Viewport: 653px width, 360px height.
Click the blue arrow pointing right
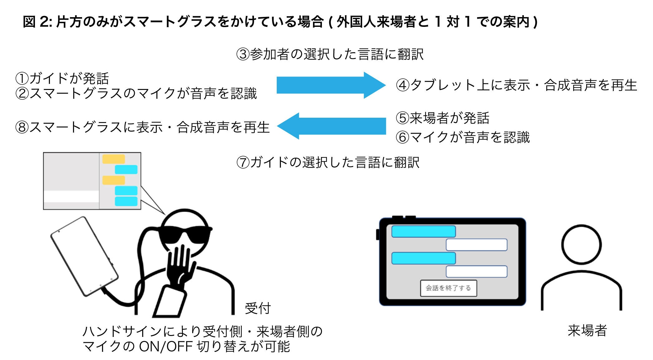click(x=331, y=85)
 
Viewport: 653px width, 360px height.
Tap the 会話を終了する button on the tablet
click(x=448, y=288)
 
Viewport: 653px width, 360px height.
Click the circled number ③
click(x=243, y=54)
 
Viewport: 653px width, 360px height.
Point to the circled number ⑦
click(x=243, y=163)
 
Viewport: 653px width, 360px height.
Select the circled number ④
click(x=402, y=85)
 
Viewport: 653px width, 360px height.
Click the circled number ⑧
click(x=22, y=127)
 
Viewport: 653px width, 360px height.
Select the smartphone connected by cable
click(x=84, y=256)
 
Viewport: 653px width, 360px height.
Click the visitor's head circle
click(x=581, y=244)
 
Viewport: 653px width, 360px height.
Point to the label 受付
click(x=258, y=308)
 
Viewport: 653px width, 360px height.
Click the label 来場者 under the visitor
click(x=587, y=331)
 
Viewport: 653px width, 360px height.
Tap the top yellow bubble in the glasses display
click(x=114, y=159)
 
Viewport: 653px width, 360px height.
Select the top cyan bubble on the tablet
click(x=423, y=232)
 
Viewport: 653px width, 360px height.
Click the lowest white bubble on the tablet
click(x=476, y=272)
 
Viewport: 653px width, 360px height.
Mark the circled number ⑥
click(x=402, y=137)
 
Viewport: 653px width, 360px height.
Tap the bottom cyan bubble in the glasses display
click(x=126, y=201)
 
